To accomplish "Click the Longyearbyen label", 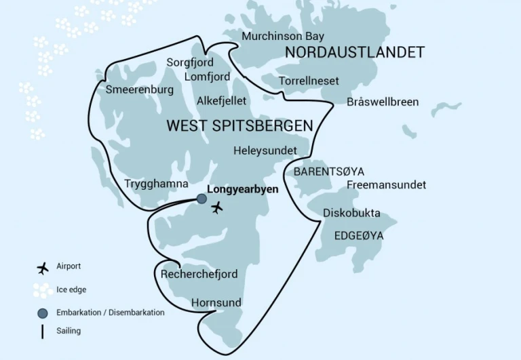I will [242, 190].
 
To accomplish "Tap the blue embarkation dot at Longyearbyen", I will [201, 199].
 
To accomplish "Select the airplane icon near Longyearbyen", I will [217, 207].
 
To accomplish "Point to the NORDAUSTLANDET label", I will [355, 53].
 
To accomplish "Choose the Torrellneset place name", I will [309, 81].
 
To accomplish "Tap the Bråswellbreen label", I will [383, 102].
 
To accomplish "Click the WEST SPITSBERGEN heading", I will [239, 126].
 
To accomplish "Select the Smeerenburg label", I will [140, 89].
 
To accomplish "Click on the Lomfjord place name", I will [207, 77].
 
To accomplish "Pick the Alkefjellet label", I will [221, 101].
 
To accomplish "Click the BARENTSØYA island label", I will [328, 172].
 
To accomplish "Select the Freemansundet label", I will [386, 184].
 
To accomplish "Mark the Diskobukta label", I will [351, 213].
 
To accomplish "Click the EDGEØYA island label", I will [359, 236].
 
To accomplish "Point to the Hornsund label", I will [216, 302].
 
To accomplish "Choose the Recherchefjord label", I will [199, 275].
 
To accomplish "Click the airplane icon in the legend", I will [43, 268].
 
